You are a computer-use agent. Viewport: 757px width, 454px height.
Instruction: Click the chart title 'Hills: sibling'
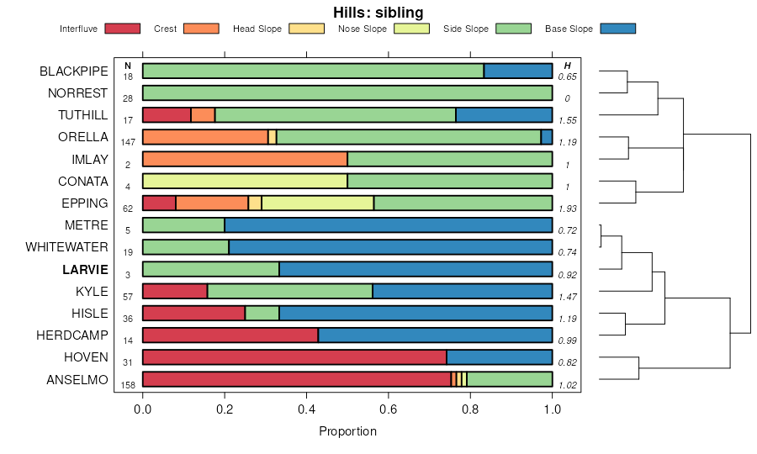(x=378, y=12)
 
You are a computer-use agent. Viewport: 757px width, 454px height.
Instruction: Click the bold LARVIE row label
(x=85, y=269)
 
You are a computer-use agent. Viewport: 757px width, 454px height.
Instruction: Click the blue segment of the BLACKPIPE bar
(x=518, y=71)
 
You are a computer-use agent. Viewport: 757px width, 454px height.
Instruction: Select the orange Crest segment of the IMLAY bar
(x=245, y=159)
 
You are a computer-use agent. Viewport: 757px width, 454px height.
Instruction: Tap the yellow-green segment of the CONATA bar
(x=245, y=181)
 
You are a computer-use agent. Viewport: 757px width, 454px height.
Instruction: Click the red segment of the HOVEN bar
(x=294, y=357)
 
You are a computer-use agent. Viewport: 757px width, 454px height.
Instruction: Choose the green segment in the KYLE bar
(x=289, y=291)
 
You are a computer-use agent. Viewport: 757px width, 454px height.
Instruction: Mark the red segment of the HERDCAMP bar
(x=230, y=335)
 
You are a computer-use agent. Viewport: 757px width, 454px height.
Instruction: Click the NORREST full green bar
(x=347, y=92)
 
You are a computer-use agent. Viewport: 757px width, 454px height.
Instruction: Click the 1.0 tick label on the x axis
(x=553, y=409)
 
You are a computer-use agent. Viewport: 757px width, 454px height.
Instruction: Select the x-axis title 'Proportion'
(x=347, y=431)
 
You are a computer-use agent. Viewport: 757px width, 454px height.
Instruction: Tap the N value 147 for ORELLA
(x=129, y=142)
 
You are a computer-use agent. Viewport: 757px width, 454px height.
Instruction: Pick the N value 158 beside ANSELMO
(x=129, y=384)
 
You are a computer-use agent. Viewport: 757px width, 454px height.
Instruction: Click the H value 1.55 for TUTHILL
(x=568, y=120)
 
